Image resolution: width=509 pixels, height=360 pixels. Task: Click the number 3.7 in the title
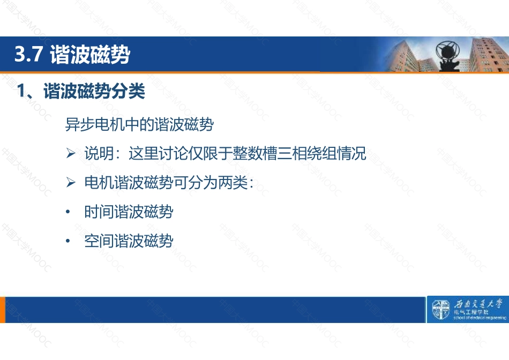pos(28,54)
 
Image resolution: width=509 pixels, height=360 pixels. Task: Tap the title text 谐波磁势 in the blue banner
pos(90,54)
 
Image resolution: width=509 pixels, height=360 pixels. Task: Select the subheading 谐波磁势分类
pos(94,91)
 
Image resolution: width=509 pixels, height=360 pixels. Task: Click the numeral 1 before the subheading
pos(20,91)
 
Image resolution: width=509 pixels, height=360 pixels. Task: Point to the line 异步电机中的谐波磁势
pos(139,124)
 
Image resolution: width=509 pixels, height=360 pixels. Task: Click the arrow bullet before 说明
pos(70,153)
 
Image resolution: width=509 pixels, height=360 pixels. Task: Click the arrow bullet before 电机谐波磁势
pos(70,182)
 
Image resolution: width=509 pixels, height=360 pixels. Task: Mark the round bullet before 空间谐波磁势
pos(68,241)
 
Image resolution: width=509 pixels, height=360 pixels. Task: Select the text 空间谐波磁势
pos(129,241)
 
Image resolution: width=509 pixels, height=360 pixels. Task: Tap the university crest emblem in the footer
pos(440,310)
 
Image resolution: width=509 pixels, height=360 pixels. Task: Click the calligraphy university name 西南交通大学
pos(478,304)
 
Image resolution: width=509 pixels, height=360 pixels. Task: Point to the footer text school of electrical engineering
pos(480,318)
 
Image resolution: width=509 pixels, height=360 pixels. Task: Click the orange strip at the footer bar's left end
pos(3,310)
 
